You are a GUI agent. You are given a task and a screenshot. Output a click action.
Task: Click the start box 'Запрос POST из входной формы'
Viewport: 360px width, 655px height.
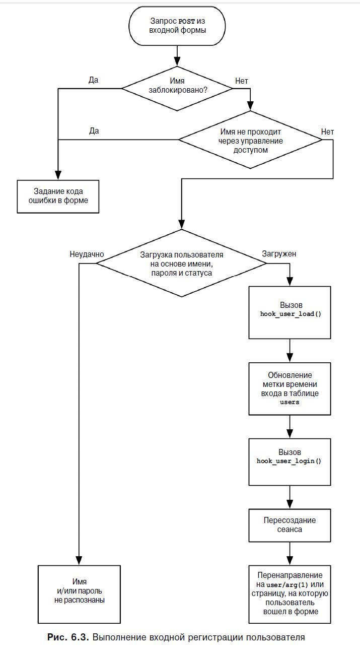177,26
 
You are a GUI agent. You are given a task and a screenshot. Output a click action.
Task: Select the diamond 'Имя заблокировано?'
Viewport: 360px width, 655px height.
177,88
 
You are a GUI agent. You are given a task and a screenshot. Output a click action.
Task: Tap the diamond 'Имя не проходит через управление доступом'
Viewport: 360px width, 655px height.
250,140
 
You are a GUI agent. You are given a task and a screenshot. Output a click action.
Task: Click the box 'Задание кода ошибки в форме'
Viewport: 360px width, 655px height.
58,196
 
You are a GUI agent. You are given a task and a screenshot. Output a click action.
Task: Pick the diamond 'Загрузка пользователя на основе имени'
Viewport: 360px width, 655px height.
181,263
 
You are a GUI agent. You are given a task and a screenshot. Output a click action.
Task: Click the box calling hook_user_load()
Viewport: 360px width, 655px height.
290,312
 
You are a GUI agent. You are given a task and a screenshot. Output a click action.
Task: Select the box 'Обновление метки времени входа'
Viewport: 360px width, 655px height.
290,388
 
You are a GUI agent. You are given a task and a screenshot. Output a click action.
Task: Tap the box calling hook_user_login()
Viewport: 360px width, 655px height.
290,462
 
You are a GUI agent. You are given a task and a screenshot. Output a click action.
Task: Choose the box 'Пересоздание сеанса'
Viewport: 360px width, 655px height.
290,526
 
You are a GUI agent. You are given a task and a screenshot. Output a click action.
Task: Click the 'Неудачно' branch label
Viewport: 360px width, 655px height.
87,254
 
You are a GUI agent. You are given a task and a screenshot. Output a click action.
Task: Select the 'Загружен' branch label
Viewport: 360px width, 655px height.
279,254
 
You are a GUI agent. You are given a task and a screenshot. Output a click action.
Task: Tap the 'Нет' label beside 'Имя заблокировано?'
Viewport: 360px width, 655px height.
242,81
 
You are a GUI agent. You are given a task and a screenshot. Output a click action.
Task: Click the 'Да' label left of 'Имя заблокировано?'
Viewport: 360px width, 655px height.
94,80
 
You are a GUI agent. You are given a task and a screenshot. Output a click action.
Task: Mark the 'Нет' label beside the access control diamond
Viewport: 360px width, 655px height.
327,132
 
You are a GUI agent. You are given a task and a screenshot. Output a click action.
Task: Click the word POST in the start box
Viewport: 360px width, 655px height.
186,21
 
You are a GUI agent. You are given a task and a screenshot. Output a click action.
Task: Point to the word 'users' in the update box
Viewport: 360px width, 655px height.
290,402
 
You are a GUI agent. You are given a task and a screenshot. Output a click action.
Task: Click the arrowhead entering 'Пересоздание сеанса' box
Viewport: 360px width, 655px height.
290,504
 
